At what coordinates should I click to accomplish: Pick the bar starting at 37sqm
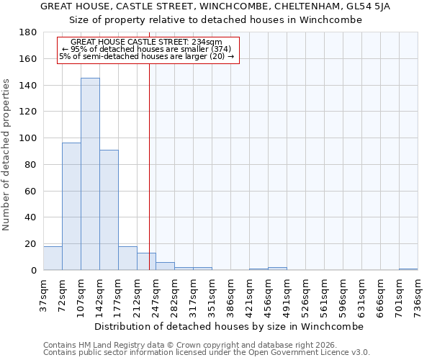[53, 258]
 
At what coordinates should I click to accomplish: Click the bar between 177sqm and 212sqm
[127, 258]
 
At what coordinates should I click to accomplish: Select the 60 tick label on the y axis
[32, 191]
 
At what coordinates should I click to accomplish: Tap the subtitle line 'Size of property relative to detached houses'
[215, 20]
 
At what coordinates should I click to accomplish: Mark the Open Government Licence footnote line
[207, 352]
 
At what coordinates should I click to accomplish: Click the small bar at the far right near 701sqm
[408, 269]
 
